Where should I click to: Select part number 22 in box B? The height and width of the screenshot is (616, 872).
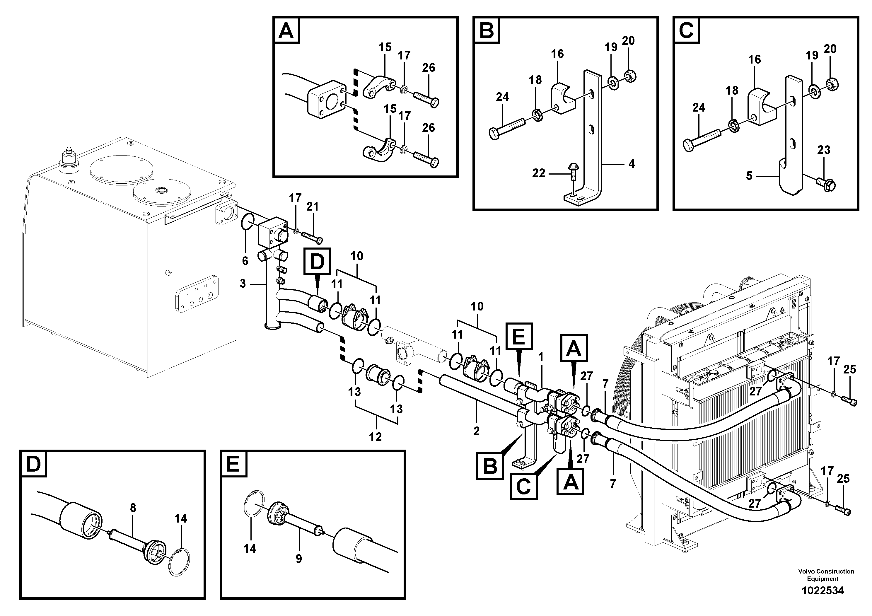click(x=539, y=174)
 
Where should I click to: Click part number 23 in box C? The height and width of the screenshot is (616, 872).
click(x=824, y=150)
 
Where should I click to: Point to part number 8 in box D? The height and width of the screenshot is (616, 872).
click(x=133, y=508)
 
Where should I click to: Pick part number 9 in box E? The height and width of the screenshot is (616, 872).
click(x=299, y=559)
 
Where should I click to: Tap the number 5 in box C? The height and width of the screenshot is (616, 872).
click(x=749, y=176)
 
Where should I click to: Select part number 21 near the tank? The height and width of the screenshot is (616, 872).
click(x=312, y=207)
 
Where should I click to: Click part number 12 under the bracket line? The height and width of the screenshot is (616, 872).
click(x=375, y=437)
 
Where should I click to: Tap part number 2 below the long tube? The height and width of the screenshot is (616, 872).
click(x=476, y=431)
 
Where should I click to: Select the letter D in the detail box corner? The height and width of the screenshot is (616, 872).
click(x=34, y=464)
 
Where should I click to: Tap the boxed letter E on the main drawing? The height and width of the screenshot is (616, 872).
click(x=519, y=336)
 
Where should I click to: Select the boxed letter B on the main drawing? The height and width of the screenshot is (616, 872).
click(x=490, y=466)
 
